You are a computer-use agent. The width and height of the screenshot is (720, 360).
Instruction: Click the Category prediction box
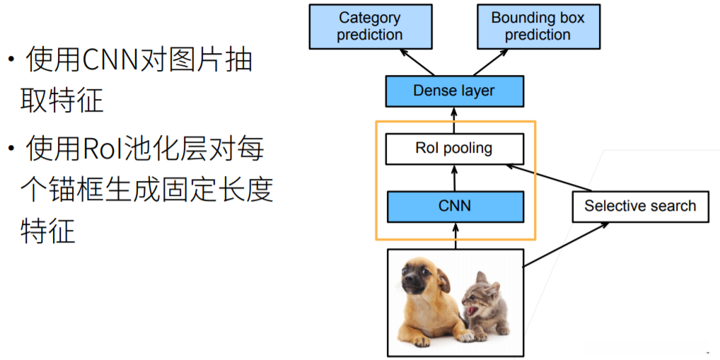coord(370,27)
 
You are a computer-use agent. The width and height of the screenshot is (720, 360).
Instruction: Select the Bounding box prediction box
coord(538,27)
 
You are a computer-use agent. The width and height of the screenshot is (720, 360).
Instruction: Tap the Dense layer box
coord(454,91)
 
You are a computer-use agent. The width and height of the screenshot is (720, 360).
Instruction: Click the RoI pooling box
coord(454,149)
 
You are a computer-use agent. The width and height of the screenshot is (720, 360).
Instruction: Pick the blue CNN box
coord(454,207)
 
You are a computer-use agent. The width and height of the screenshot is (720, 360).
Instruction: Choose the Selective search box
coord(640,207)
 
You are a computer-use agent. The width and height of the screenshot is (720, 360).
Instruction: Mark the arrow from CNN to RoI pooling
coord(454,178)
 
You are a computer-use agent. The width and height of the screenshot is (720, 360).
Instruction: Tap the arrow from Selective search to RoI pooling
coord(548,178)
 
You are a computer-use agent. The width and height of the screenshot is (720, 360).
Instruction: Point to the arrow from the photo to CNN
coord(454,236)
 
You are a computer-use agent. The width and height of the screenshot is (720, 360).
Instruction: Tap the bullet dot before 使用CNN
coord(11,59)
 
